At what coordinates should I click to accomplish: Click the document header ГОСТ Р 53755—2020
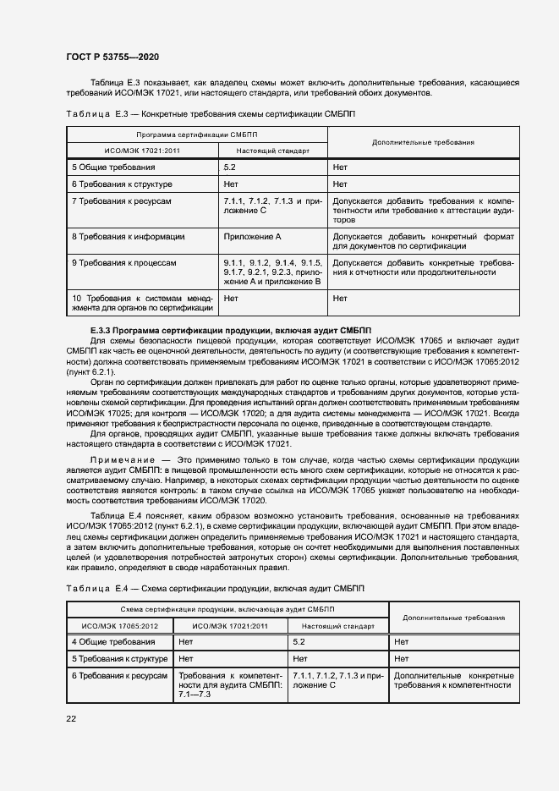(x=112, y=57)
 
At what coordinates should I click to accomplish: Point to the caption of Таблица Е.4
(x=209, y=588)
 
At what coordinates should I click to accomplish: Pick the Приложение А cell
(x=252, y=237)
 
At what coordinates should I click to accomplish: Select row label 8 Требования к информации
(x=128, y=237)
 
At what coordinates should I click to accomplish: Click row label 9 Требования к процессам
(x=124, y=263)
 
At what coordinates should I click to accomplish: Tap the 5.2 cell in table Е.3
(x=230, y=168)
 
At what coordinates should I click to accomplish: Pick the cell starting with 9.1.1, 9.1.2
(x=272, y=272)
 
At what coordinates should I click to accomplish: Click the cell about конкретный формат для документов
(x=423, y=241)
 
